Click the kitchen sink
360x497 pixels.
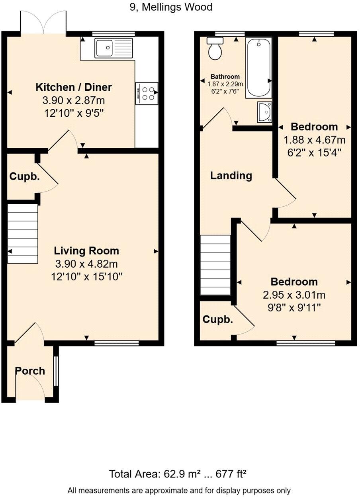[113, 48]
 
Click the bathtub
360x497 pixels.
[258, 68]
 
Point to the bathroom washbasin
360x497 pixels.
[264, 112]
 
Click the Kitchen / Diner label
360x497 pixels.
[74, 87]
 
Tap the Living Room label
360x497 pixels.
[86, 251]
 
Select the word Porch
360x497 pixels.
[30, 371]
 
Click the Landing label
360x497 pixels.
[231, 176]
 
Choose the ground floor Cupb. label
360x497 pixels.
[25, 177]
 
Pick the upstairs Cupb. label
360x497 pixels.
[217, 319]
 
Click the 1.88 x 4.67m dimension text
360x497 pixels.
[314, 140]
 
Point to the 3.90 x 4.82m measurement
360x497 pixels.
[86, 264]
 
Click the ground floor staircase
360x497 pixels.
[23, 234]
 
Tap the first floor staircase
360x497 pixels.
[215, 265]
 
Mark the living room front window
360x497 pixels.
[116, 342]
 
